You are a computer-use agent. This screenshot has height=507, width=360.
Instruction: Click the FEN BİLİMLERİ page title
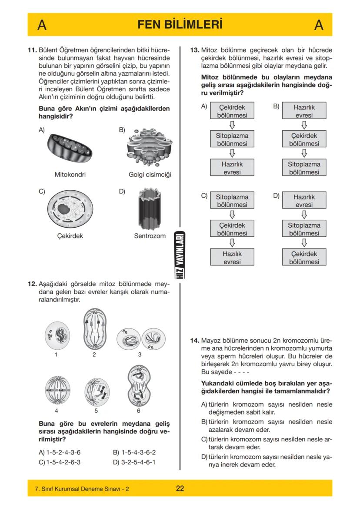(180, 24)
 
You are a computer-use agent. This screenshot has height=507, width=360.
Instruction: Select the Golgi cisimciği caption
(150, 175)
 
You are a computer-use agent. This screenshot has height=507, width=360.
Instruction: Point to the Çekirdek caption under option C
(70, 236)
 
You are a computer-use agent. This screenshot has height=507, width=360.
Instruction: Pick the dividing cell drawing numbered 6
(139, 385)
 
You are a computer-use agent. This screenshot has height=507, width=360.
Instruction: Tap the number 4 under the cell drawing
(57, 410)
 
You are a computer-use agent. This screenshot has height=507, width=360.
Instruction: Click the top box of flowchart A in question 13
(232, 111)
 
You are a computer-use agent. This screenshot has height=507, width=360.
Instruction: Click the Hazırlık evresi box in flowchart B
(304, 111)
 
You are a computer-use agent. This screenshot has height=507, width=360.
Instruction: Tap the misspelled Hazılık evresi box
(232, 258)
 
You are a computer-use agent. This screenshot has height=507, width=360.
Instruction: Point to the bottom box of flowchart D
(304, 258)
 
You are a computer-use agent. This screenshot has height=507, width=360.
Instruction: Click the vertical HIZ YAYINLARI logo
(180, 256)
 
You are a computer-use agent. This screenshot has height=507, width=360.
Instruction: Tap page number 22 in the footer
(180, 488)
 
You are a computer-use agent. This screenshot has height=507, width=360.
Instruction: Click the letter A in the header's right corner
(319, 25)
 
